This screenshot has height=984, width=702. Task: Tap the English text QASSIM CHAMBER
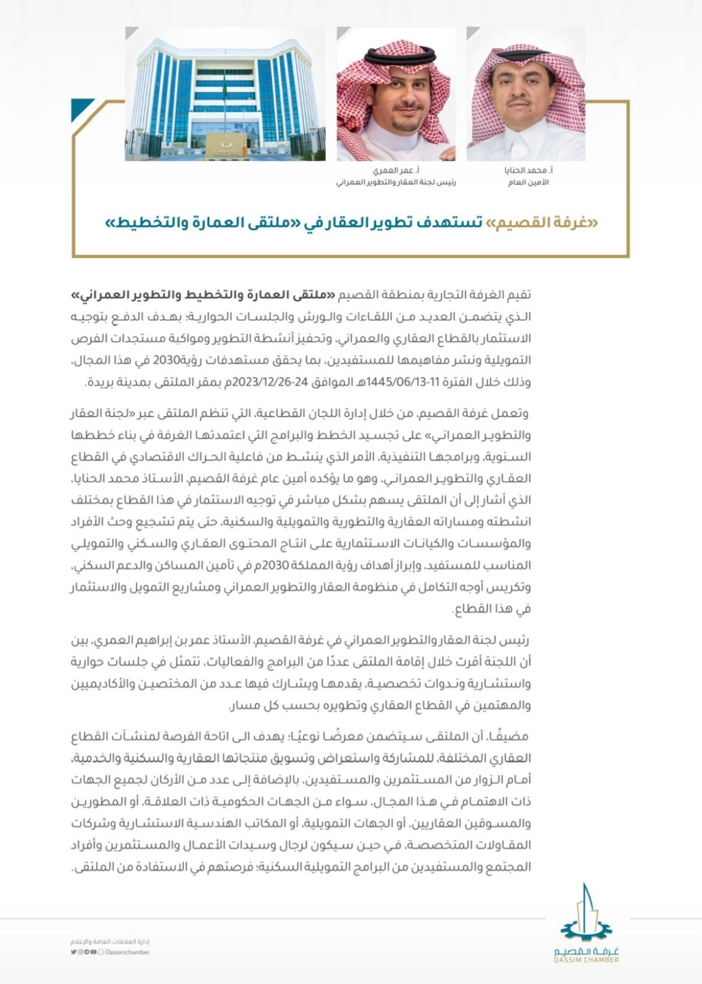[586, 959]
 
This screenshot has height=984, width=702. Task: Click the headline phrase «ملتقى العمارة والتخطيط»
[204, 223]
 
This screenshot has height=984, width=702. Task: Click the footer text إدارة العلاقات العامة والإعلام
[111, 941]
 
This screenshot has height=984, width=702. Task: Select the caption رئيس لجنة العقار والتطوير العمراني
[395, 182]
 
